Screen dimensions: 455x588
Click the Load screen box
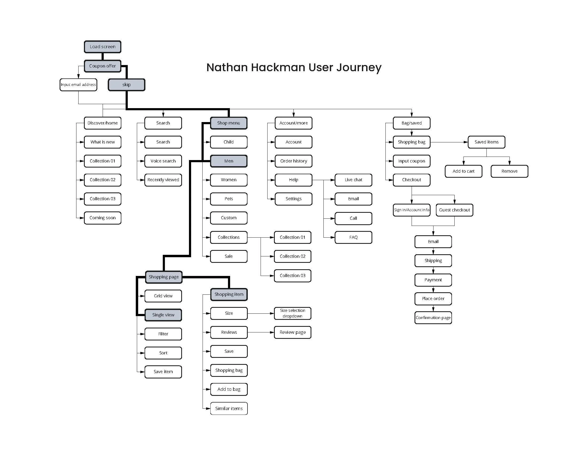[102, 47]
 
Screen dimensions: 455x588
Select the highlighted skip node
[126, 85]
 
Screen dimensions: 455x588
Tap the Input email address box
[78, 85]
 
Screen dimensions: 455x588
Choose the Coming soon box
[102, 218]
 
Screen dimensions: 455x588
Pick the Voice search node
[163, 161]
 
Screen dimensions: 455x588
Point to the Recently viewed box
[163, 180]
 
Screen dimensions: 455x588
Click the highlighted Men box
[229, 161]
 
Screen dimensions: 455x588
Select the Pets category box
[229, 199]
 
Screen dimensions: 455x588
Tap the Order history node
[293, 161]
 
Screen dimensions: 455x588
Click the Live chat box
[353, 180]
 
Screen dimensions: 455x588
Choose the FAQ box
[353, 237]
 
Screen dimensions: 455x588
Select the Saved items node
[486, 142]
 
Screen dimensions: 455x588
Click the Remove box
[509, 171]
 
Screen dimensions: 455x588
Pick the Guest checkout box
[454, 210]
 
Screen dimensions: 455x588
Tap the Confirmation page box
[433, 318]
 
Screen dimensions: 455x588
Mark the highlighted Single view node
[163, 315]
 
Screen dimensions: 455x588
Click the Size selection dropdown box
[292, 313]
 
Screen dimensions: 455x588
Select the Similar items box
[229, 409]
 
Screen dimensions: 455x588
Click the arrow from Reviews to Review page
[260, 332]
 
